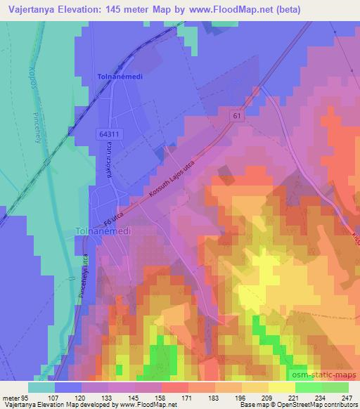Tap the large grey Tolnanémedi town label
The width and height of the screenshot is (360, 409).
103,231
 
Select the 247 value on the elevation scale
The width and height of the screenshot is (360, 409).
347,398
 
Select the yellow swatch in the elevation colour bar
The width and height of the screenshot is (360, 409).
255,387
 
